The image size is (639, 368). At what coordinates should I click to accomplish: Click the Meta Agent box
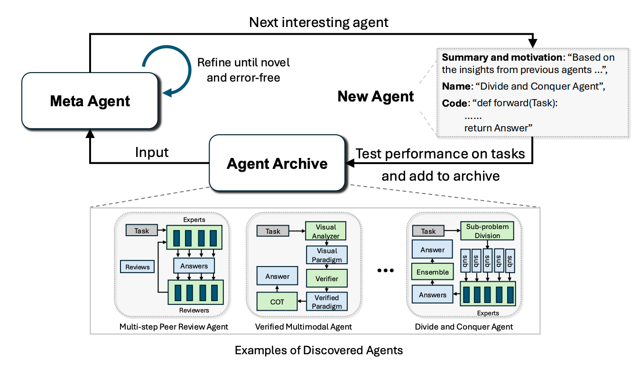90,101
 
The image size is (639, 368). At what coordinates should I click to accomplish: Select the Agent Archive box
277,163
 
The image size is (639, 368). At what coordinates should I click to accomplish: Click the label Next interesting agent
319,22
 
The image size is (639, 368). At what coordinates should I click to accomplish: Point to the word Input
152,152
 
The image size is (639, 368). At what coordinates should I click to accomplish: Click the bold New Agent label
375,97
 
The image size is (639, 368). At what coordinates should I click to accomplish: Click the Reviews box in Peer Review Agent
138,267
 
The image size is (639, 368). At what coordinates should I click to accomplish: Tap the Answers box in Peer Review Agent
194,266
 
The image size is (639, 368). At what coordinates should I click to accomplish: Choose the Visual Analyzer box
326,231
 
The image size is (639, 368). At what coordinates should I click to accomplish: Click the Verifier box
326,279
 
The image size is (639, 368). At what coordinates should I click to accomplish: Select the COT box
277,302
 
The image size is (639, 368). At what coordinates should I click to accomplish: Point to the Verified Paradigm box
326,302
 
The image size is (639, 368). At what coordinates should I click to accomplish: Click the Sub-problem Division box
487,231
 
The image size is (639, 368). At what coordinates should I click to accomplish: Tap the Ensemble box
432,272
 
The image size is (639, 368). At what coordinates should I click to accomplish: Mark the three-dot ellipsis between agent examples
385,271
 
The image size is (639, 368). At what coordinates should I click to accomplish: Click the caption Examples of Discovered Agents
319,350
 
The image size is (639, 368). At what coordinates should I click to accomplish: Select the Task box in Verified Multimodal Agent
273,231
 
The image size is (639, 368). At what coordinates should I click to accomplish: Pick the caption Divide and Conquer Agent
463,327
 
